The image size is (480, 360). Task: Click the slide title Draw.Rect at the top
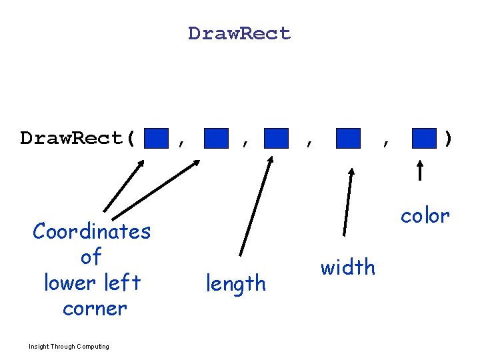coord(239,33)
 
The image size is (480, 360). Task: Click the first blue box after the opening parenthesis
coord(156,139)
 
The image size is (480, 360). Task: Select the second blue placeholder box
coord(216,139)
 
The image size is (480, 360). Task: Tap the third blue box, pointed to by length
coord(276,139)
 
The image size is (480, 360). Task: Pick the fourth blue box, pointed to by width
coord(348,139)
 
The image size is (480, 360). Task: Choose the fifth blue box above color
coord(424,139)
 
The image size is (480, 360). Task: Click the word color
coord(425,215)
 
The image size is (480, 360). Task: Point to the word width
coord(347,267)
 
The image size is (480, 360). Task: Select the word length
coord(235,284)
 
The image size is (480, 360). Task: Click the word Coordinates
coord(92,231)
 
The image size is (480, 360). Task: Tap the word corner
coord(94,309)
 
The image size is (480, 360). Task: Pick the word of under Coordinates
coord(91,257)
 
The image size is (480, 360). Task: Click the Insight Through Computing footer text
coord(69,346)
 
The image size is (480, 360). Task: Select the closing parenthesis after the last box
coord(448,139)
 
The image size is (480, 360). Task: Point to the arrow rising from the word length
coord(255,207)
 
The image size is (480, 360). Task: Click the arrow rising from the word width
coord(347,202)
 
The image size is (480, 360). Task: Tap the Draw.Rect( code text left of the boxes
coord(78,139)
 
